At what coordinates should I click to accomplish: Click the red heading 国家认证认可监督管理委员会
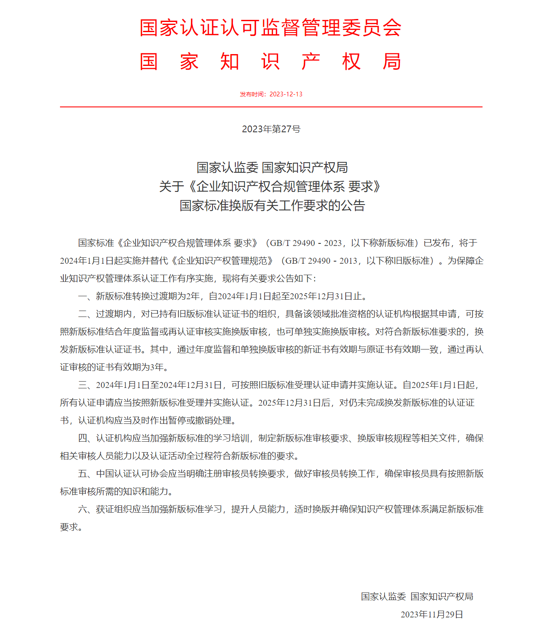(x=270, y=28)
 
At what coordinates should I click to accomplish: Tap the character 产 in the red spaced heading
(x=311, y=62)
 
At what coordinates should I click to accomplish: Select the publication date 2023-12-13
(x=286, y=94)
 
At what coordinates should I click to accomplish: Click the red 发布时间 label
(x=252, y=94)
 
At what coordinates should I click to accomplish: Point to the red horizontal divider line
(x=271, y=107)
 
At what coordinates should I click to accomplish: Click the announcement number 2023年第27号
(x=271, y=129)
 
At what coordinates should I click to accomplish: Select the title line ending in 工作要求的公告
(x=272, y=206)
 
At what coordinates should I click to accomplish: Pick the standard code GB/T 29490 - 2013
(x=321, y=261)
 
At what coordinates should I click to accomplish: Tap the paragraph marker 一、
(x=87, y=296)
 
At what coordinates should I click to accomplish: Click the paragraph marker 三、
(x=87, y=385)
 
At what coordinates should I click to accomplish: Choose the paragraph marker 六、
(x=87, y=509)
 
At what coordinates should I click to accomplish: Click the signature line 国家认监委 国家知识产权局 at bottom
(x=417, y=597)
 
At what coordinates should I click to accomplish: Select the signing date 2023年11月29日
(x=431, y=614)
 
